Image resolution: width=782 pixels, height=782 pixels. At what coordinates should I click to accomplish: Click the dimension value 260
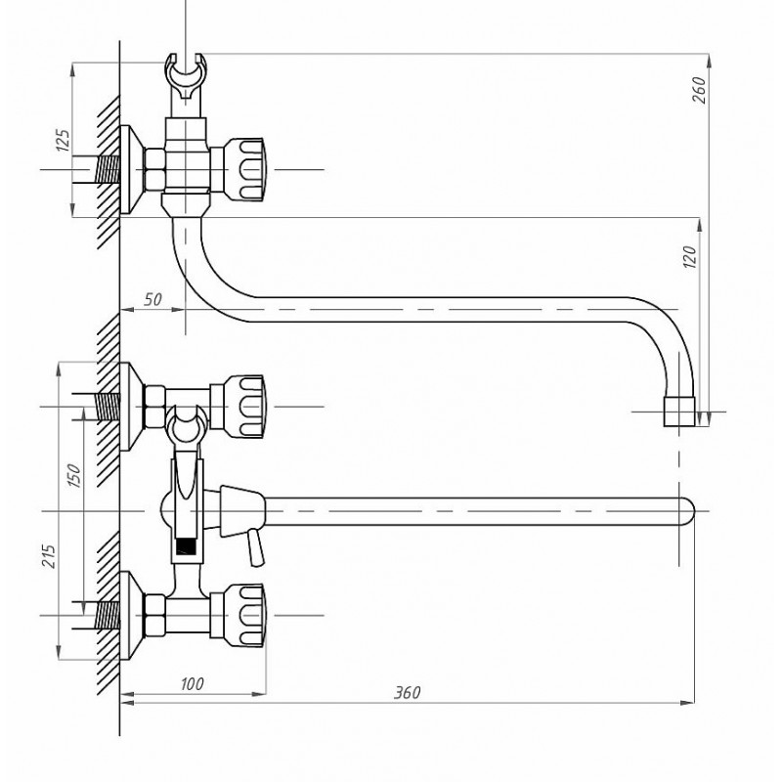point(699,90)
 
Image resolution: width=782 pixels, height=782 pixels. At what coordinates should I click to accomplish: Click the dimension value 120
point(689,257)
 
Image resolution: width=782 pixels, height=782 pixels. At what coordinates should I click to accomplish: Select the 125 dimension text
point(63,140)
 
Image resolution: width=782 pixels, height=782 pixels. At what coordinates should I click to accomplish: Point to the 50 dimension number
point(153,299)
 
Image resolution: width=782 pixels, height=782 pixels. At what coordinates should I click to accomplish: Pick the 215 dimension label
point(48,555)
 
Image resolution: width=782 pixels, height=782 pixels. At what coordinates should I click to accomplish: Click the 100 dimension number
point(192,683)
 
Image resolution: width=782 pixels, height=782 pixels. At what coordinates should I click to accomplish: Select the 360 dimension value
point(408,692)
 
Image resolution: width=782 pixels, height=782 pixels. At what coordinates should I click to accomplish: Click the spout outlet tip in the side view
point(679,412)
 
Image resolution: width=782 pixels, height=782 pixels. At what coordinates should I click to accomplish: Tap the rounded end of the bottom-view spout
point(688,511)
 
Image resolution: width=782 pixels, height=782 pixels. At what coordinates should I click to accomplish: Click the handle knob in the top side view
point(243,169)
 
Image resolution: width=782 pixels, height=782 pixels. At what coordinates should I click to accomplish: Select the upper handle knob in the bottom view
point(243,407)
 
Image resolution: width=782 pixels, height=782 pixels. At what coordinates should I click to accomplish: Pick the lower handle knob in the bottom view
point(243,616)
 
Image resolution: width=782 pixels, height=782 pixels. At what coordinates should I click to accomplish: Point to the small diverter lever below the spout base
point(256,547)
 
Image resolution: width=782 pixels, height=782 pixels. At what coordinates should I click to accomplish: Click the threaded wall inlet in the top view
point(107,169)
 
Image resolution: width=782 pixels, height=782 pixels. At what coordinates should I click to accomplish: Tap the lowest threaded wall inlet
point(107,616)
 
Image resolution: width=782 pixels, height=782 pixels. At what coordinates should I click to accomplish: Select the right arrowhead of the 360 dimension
point(688,703)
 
